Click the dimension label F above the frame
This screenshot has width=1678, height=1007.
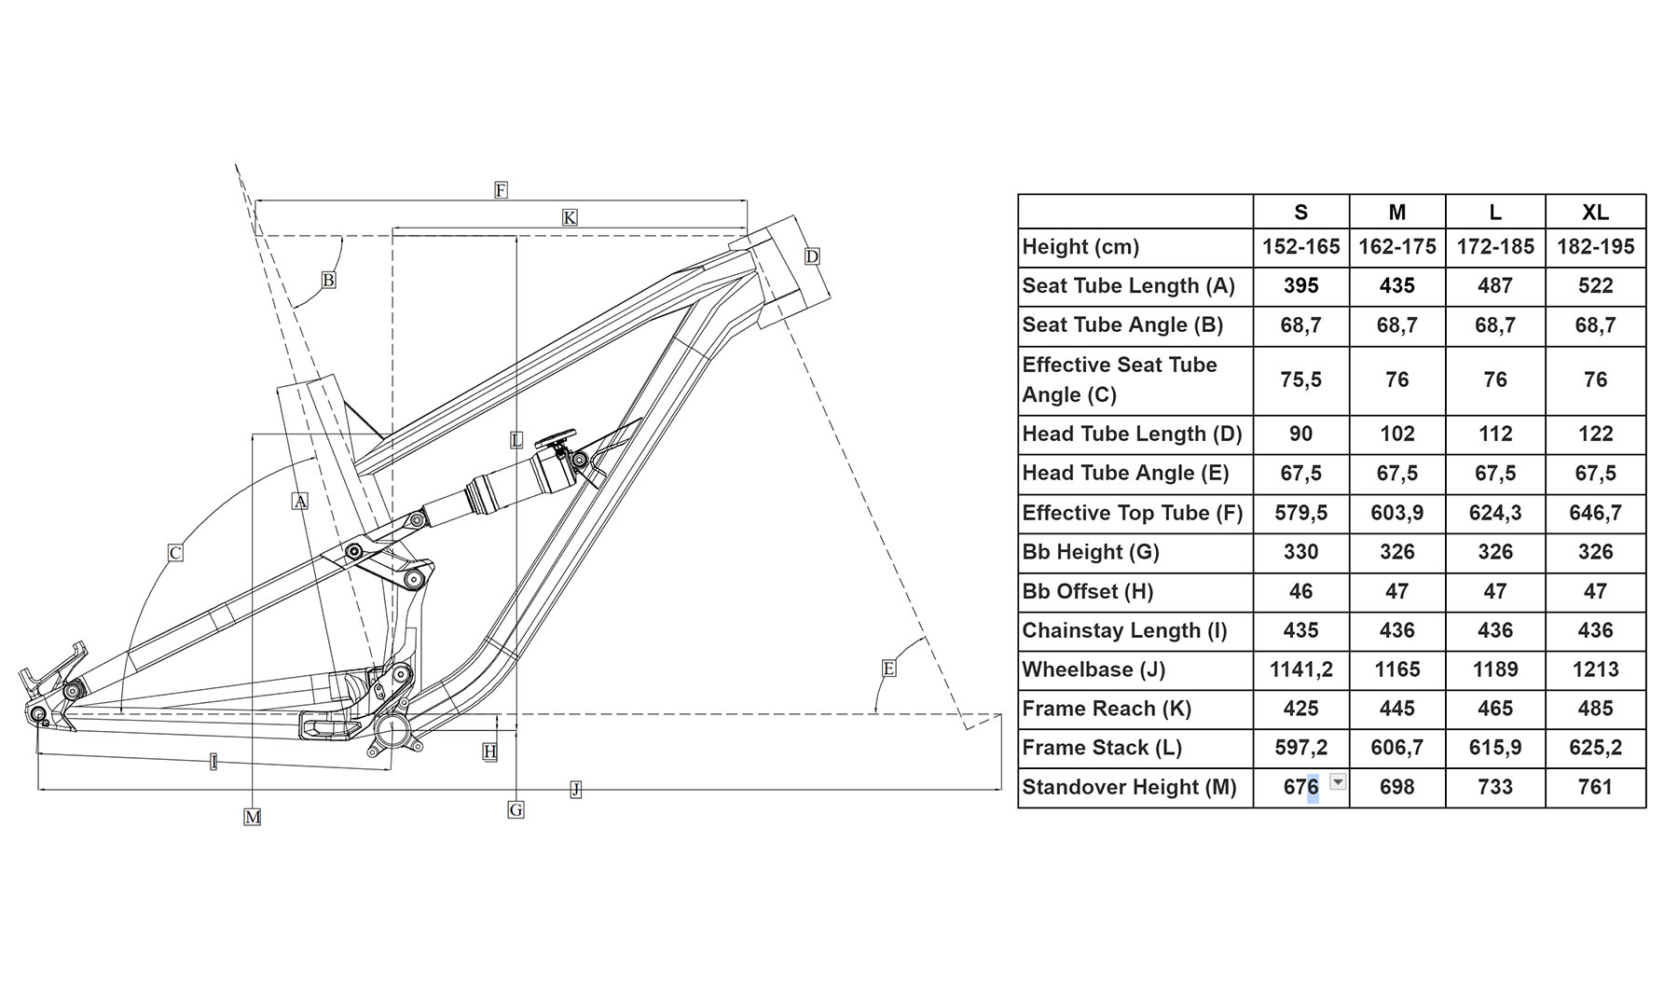(x=501, y=190)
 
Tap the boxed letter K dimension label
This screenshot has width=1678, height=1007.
(x=570, y=217)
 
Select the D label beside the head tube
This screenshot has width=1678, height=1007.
(x=812, y=256)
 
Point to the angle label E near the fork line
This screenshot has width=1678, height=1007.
(x=888, y=668)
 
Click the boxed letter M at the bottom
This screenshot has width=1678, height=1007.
(x=252, y=817)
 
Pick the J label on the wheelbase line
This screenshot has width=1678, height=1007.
(x=575, y=790)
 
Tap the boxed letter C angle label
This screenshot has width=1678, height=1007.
(x=175, y=553)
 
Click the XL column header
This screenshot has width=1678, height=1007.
(x=1595, y=213)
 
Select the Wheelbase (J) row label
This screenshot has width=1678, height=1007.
(x=1093, y=669)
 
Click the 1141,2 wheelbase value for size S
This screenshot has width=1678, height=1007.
(x=1300, y=669)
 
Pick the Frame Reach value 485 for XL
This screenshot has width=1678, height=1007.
(x=1595, y=709)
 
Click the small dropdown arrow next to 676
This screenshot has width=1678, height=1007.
(x=1338, y=781)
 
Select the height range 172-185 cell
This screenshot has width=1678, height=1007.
(x=1494, y=247)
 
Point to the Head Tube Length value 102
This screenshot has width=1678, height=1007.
(x=1396, y=434)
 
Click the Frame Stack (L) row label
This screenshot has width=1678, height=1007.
(x=1102, y=748)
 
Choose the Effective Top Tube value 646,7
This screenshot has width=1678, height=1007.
(x=1595, y=513)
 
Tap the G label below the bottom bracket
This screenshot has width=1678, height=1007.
(x=516, y=810)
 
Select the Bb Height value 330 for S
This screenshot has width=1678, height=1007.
(x=1300, y=552)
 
